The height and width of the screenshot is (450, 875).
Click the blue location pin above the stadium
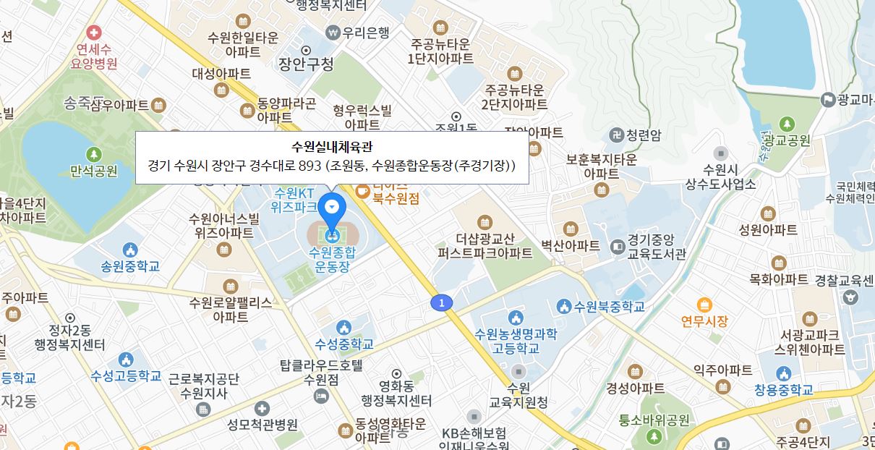(332, 208)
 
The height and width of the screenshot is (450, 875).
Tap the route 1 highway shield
(442, 303)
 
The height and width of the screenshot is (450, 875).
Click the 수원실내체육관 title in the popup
(331, 148)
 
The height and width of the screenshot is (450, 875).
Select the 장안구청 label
(306, 64)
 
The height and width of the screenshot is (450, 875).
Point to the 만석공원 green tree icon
(94, 155)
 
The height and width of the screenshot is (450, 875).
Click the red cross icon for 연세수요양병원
(93, 33)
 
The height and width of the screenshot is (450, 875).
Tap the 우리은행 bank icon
(333, 32)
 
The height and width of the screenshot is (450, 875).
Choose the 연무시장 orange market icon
(704, 305)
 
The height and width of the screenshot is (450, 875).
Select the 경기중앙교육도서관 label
(657, 246)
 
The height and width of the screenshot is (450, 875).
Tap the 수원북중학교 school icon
(563, 307)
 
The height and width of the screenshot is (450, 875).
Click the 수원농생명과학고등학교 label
(516, 341)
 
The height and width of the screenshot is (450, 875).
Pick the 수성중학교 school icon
(344, 328)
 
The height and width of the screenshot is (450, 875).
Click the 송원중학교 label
(130, 266)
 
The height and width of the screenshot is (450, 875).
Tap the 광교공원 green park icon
(787, 124)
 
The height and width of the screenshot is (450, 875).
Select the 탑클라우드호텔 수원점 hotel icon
(322, 396)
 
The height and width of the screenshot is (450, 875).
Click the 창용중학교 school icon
(784, 374)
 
